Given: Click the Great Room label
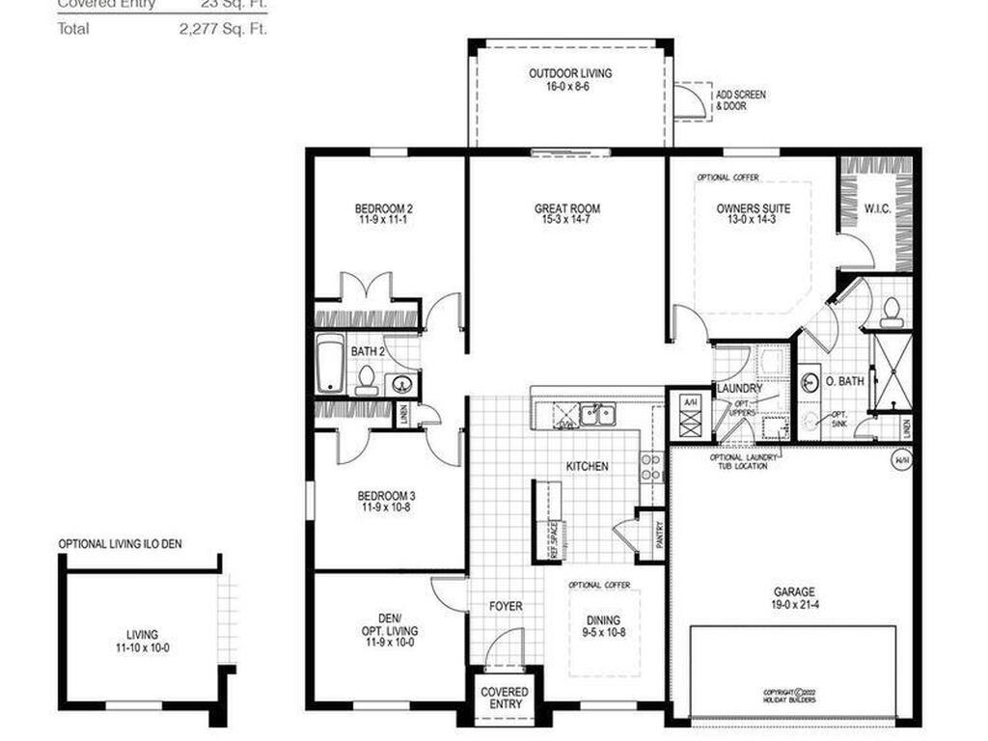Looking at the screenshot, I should tap(567, 208).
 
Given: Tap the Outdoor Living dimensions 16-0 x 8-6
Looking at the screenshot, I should tap(569, 86).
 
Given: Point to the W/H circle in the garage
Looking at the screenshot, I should tap(901, 460).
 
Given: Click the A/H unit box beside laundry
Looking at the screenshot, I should tap(689, 416).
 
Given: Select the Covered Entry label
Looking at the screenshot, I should tap(505, 698).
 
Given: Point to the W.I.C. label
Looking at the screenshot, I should tap(876, 207).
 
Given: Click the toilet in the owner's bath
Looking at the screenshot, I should tap(892, 310).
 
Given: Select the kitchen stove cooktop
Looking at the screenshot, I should tap(651, 467).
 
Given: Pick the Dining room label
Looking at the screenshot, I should tap(602, 620).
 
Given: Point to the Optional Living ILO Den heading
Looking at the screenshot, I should tap(120, 544).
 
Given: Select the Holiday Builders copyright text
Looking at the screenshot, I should tap(788, 696).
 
